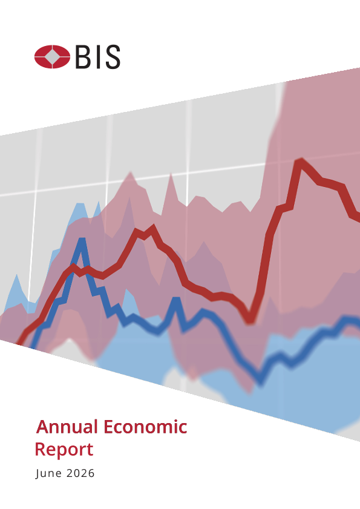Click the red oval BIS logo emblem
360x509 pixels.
tap(52, 57)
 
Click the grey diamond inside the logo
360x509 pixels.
tap(52, 57)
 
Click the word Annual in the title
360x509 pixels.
tap(67, 427)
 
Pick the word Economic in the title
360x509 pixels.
tap(145, 427)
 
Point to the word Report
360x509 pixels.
tap(64, 450)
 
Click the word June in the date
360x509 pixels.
tap(48, 473)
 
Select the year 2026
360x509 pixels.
tap(80, 473)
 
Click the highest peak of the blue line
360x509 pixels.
tap(82, 241)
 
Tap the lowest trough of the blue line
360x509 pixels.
tap(261, 382)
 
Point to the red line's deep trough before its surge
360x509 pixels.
tap(250, 320)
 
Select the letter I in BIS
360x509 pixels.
tap(96, 57)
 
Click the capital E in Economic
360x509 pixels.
tap(108, 427)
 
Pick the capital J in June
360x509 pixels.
tap(38, 474)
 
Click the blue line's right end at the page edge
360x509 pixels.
tap(358, 321)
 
